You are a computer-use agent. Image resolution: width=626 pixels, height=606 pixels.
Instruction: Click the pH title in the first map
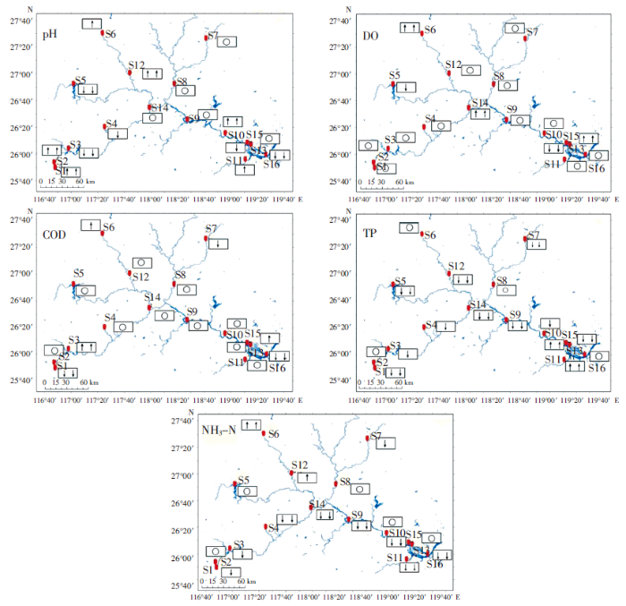[x=51, y=35]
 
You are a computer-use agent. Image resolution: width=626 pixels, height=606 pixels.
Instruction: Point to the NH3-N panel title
[x=217, y=429]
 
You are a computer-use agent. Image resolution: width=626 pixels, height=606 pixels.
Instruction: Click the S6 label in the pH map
[x=109, y=34]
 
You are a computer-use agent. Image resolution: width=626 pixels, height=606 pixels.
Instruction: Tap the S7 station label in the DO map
[x=532, y=32]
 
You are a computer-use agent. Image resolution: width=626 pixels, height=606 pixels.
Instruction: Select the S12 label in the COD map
[x=140, y=277]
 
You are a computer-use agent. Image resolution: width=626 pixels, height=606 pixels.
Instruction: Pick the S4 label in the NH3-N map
[x=273, y=529]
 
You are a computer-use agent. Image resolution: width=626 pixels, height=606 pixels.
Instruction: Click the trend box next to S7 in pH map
[x=226, y=41]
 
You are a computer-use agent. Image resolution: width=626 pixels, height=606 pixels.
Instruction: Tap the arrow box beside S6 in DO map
[x=410, y=28]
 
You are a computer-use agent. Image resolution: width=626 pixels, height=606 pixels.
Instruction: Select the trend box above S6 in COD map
[x=91, y=225]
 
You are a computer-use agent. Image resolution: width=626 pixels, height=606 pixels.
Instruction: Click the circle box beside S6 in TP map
[x=407, y=227]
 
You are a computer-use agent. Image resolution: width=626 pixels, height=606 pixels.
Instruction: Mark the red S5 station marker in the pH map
[x=74, y=84]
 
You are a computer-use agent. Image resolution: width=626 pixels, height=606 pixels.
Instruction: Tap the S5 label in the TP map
[x=400, y=281]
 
